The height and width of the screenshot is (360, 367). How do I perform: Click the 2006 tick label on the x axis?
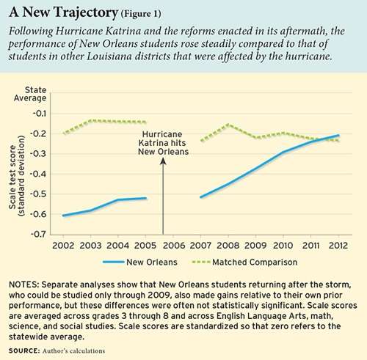coord(174,246)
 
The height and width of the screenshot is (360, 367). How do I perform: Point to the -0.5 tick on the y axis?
coord(38,194)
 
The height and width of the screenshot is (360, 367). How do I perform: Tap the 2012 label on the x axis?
coord(338,246)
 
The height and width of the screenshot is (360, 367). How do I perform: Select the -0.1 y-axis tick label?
coord(39,114)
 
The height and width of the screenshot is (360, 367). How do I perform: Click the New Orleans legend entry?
coord(140,262)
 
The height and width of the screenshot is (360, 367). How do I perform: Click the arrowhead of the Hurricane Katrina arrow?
coord(163,161)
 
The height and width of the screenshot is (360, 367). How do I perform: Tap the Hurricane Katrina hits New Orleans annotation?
coord(163,143)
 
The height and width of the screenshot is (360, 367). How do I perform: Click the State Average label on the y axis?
coord(30,94)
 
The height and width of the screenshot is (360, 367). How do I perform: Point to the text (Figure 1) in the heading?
coord(141,14)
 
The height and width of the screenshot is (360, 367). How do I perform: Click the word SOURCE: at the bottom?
coord(24,351)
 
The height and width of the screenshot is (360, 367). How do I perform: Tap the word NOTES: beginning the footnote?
coord(23,284)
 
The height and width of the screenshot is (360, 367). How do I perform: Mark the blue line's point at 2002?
coord(63,216)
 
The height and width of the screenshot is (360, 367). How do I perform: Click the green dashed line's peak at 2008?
coord(228,125)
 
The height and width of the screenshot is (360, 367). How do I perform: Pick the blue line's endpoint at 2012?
coord(338,135)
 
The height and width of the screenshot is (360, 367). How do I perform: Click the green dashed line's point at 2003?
coord(91,120)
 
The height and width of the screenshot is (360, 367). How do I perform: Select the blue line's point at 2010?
coord(283,153)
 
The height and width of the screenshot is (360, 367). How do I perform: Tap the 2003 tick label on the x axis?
coord(90,246)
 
